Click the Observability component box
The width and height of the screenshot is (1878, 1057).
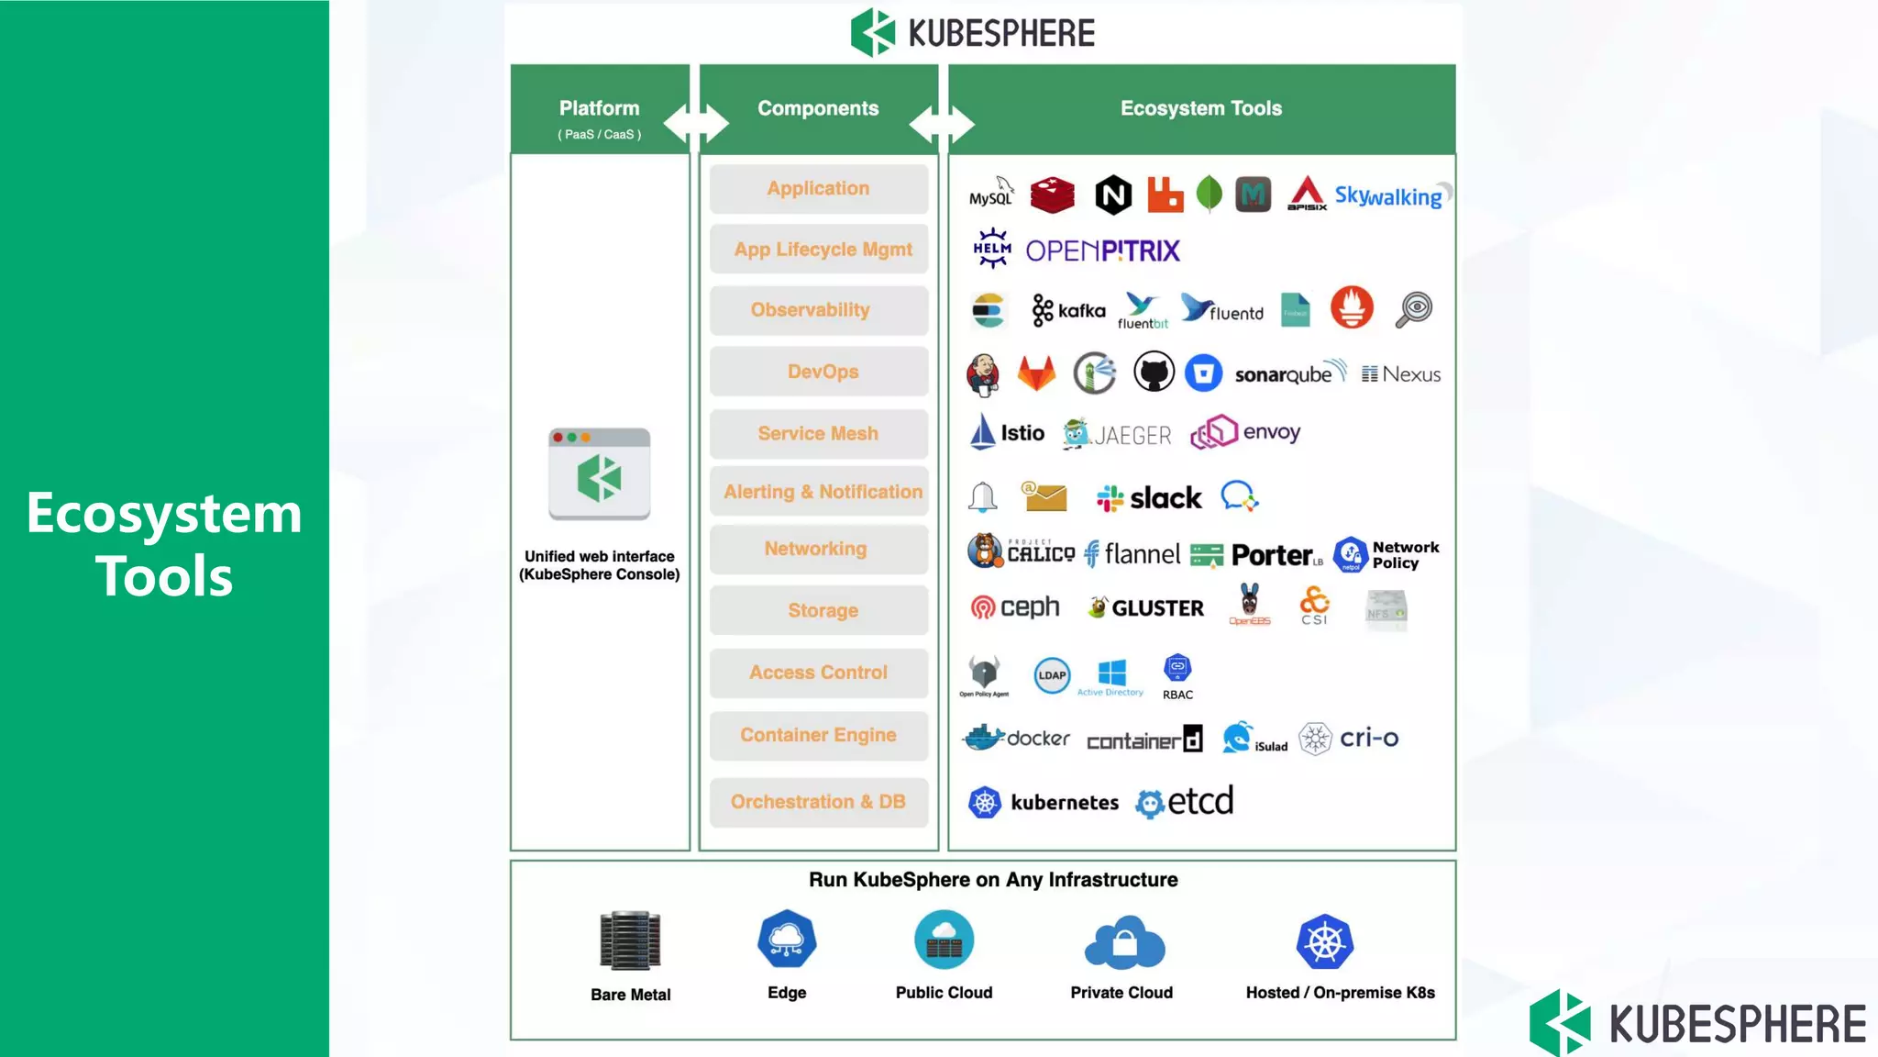click(x=818, y=310)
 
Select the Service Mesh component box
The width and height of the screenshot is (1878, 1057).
click(x=818, y=433)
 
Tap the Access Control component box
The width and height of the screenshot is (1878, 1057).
click(x=818, y=673)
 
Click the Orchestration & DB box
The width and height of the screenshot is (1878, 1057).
click(x=818, y=802)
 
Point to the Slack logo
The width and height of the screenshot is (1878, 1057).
click(x=1149, y=498)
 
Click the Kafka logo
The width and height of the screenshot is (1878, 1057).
click(x=1068, y=311)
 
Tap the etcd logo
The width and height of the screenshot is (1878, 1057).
click(x=1185, y=802)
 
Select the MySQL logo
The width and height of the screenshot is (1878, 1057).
click(x=991, y=194)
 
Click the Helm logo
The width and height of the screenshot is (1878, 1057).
click(x=992, y=249)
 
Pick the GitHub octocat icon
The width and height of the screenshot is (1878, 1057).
click(x=1154, y=373)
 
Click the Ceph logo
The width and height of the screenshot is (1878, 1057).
click(x=1015, y=607)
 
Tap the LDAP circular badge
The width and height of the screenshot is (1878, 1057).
click(x=1052, y=675)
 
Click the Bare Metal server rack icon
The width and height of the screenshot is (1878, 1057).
click(x=630, y=940)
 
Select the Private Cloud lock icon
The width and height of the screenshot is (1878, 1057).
click(x=1124, y=943)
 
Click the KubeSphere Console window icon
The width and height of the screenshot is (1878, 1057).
click(x=600, y=474)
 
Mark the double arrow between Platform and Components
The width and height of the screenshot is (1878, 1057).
click(x=695, y=123)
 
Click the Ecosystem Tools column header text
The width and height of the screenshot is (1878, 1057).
click(x=1200, y=108)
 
